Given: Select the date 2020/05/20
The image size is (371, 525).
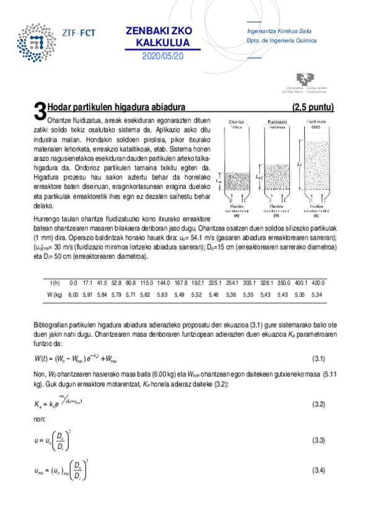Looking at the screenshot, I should point(163,56).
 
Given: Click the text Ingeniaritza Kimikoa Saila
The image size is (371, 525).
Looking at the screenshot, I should point(278,31).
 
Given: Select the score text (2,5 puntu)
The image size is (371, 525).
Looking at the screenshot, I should point(313,107).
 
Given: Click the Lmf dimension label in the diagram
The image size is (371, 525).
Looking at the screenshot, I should point(261,176).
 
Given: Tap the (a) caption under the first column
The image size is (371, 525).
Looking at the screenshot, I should point(236,216).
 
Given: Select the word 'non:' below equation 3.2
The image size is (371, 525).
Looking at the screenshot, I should point(38,419).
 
